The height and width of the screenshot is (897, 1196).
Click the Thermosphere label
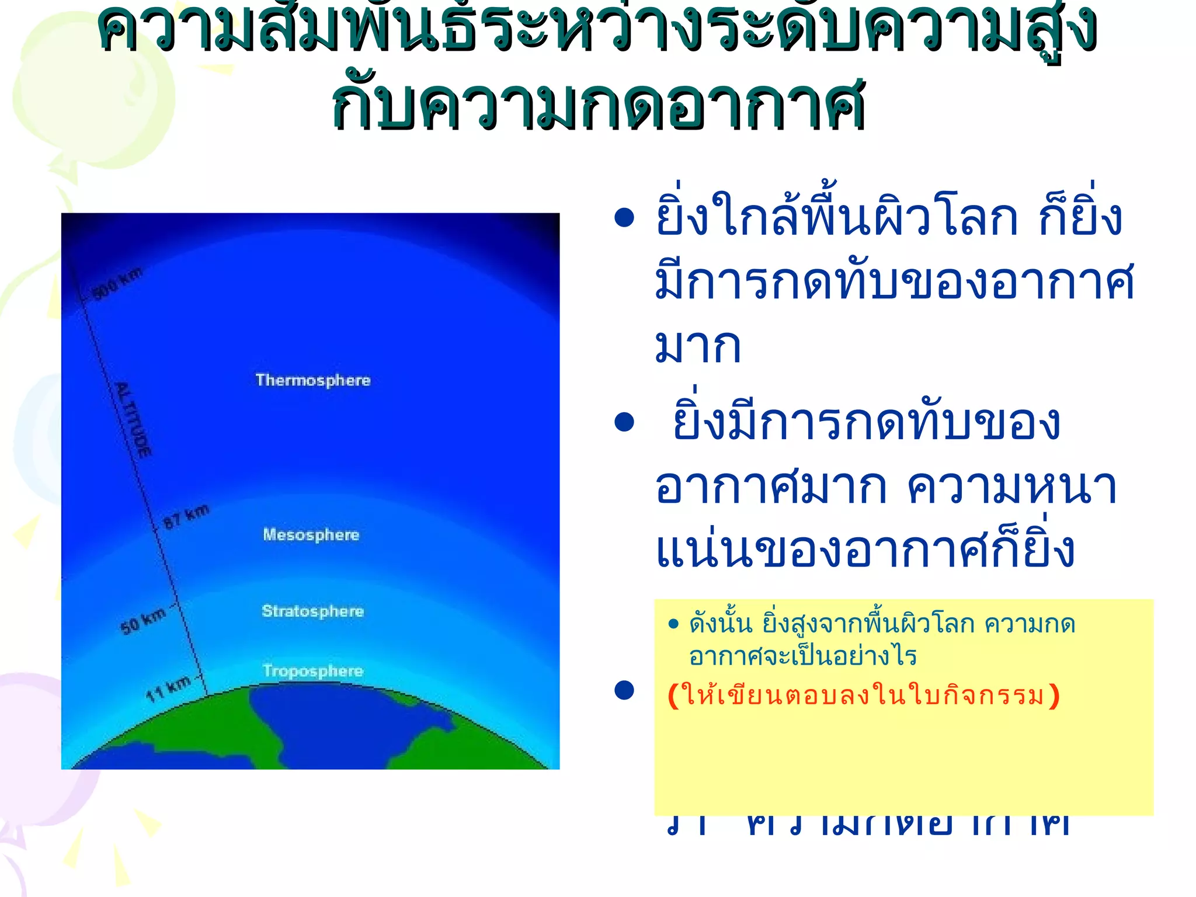pyautogui.click(x=313, y=380)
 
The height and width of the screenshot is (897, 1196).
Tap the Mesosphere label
pyautogui.click(x=311, y=534)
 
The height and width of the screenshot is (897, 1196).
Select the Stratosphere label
pyautogui.click(x=312, y=611)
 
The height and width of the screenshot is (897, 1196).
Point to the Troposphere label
pyautogui.click(x=312, y=670)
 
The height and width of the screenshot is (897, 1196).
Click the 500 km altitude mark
pyautogui.click(x=117, y=283)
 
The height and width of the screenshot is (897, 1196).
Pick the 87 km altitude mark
pyautogui.click(x=186, y=516)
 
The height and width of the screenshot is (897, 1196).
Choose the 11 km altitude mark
pyautogui.click(x=168, y=689)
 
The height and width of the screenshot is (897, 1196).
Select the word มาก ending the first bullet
pyautogui.click(x=698, y=346)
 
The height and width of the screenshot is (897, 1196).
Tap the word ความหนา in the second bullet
pyautogui.click(x=1012, y=486)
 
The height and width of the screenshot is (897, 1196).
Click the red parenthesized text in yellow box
pyautogui.click(x=863, y=696)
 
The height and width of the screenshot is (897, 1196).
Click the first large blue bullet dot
pyautogui.click(x=624, y=218)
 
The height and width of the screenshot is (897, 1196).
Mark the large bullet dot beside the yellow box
pyautogui.click(x=624, y=690)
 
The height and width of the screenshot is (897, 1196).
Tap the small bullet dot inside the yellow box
pyautogui.click(x=673, y=624)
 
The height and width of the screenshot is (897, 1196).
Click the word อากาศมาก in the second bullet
pyautogui.click(x=770, y=486)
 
